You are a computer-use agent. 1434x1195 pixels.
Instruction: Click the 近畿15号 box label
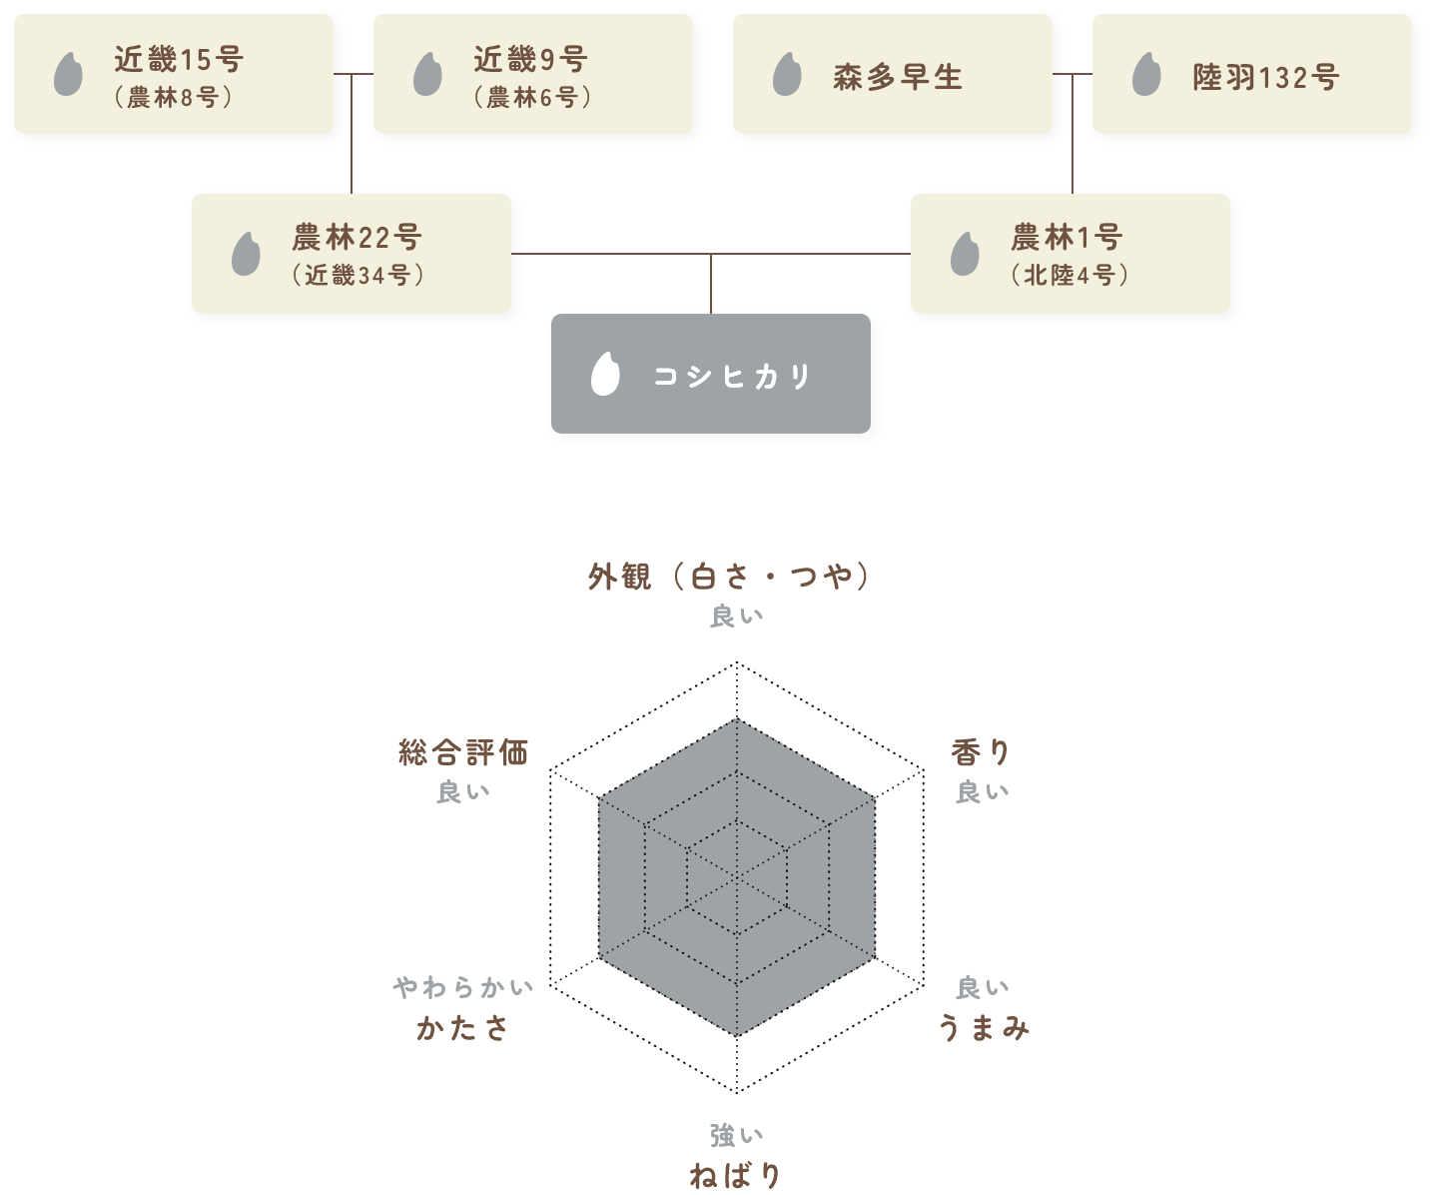pyautogui.click(x=179, y=60)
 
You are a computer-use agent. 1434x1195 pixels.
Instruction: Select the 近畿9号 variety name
pyautogui.click(x=530, y=60)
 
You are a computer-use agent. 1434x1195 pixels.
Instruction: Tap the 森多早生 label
pyautogui.click(x=897, y=77)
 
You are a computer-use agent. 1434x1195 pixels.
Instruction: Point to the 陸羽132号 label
pyautogui.click(x=1265, y=77)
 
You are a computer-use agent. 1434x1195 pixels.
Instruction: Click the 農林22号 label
pyautogui.click(x=357, y=238)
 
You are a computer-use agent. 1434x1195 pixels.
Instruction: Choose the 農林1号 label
pyautogui.click(x=1067, y=238)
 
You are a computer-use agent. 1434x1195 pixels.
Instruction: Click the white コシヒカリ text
pyautogui.click(x=732, y=376)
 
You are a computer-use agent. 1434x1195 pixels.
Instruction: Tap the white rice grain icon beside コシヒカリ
pyautogui.click(x=605, y=374)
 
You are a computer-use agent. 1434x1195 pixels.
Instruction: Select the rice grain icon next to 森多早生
pyautogui.click(x=787, y=75)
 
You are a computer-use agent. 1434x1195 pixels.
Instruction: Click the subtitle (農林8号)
pyautogui.click(x=173, y=97)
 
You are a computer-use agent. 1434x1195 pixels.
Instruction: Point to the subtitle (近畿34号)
pyautogui.click(x=358, y=275)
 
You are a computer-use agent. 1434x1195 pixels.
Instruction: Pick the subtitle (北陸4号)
pyautogui.click(x=1069, y=275)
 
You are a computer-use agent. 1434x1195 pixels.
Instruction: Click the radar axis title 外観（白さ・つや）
pyautogui.click(x=729, y=577)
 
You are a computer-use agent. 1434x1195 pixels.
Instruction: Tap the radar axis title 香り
pyautogui.click(x=981, y=752)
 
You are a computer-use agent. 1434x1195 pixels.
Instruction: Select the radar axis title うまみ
pyautogui.click(x=984, y=1027)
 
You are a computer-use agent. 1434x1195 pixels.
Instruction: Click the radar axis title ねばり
pyautogui.click(x=736, y=1175)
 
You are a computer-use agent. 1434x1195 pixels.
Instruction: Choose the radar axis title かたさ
pyautogui.click(x=462, y=1027)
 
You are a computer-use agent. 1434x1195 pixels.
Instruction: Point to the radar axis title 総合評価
pyautogui.click(x=463, y=752)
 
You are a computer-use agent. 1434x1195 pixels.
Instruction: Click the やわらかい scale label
pyautogui.click(x=463, y=988)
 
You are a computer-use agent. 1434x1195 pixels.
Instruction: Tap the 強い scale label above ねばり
pyautogui.click(x=737, y=1135)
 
